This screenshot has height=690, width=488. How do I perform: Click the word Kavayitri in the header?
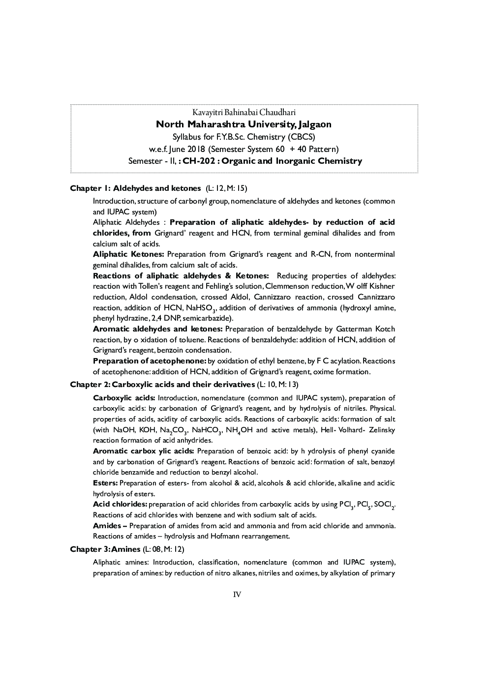click(x=207, y=113)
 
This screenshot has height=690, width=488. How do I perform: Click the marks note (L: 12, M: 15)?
click(x=226, y=188)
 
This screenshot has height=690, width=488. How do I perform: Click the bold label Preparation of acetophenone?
click(x=150, y=361)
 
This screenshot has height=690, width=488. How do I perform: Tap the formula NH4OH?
click(x=239, y=430)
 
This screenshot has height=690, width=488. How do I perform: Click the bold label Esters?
click(x=105, y=483)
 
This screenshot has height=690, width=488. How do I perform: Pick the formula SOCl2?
click(x=384, y=505)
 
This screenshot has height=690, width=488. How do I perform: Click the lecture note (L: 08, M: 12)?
click(x=163, y=549)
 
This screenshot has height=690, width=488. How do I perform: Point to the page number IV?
click(x=237, y=594)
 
